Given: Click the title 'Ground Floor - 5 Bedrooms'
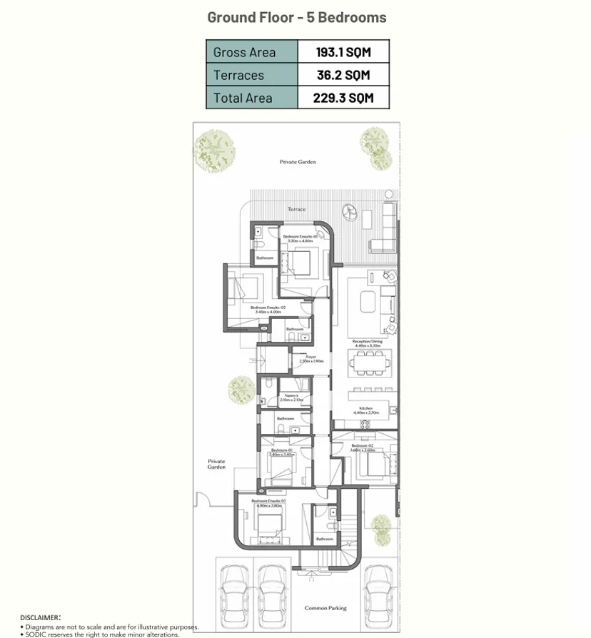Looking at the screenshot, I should click(296, 17).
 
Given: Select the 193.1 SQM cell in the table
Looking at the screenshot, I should click(343, 52).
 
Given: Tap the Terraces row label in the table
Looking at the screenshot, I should click(238, 75).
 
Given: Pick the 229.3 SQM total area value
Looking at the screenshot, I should click(343, 98).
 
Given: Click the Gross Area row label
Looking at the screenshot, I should click(244, 52).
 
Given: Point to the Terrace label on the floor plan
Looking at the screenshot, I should click(296, 209).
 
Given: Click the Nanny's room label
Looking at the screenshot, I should click(291, 398).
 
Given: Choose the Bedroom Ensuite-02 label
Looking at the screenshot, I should click(268, 309).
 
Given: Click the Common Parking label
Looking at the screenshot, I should click(325, 608).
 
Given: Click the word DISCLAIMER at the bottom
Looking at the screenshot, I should click(40, 617).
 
